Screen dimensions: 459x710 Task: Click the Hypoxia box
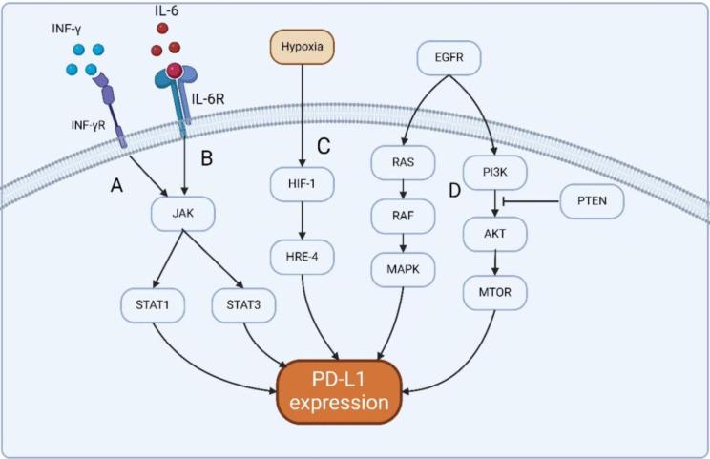[301, 45]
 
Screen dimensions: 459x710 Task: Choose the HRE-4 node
[302, 257]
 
